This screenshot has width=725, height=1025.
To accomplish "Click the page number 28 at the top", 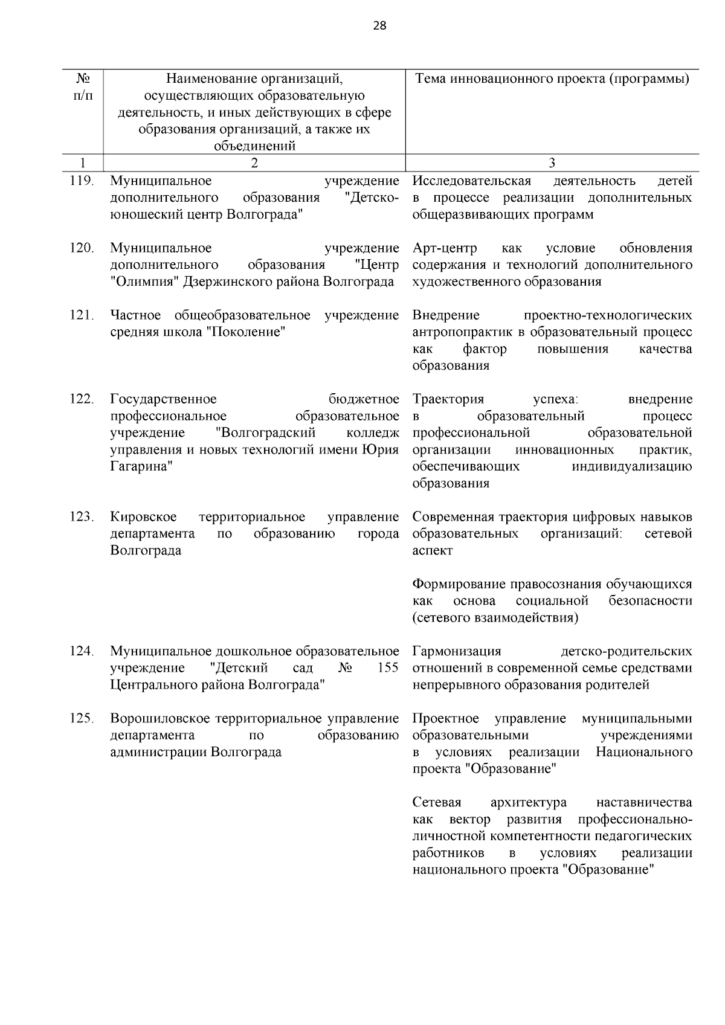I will coord(379,25).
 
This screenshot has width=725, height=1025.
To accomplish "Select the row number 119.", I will coord(82,181).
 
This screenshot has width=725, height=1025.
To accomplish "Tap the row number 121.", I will coord(82,315).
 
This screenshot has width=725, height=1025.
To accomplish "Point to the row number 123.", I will coord(82,516).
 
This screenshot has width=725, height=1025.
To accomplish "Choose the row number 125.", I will coord(82,718).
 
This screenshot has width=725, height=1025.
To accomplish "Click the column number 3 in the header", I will coord(552,162).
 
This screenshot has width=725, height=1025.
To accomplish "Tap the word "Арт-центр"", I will coord(445,248).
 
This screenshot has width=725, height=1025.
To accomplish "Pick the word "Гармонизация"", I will coord(457,651).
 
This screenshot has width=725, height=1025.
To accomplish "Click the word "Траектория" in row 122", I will coord(448,399).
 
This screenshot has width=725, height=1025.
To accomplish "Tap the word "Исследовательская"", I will coord(471,181).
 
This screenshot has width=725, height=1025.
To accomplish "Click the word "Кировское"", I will coord(143,517).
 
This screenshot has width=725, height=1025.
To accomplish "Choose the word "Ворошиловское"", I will coord(159,719).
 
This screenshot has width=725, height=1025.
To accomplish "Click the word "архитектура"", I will coord(529,802).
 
